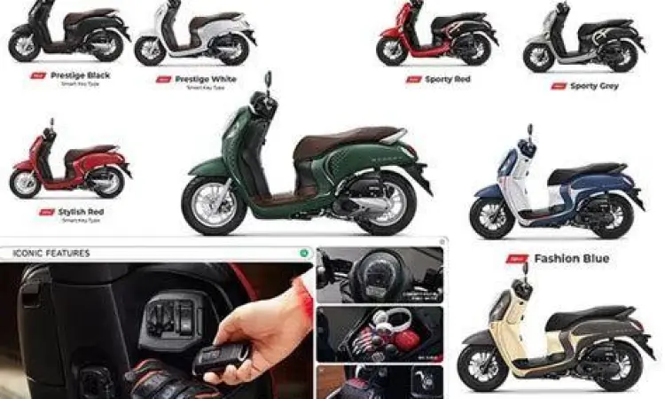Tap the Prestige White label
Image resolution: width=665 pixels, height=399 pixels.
pyautogui.click(x=204, y=78)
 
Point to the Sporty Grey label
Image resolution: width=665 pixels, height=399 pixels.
pyautogui.click(x=594, y=86)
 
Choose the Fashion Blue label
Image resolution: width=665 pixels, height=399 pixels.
pyautogui.click(x=571, y=259)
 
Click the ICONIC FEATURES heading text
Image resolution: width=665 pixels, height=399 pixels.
pyautogui.click(x=51, y=254)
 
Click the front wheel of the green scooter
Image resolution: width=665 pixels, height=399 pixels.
pyautogui.click(x=213, y=205)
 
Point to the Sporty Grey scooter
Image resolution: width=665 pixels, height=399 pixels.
pyautogui.click(x=581, y=40)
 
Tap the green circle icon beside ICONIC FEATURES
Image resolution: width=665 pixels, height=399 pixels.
pyautogui.click(x=304, y=254)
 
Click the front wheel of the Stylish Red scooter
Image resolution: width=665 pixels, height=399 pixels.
pyautogui.click(x=25, y=184)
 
